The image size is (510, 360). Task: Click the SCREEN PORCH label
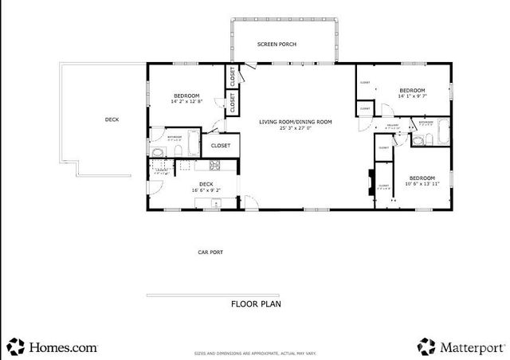click(277, 45)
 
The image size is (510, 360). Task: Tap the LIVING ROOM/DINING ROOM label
click(295, 122)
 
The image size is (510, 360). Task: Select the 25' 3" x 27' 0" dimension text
click(295, 128)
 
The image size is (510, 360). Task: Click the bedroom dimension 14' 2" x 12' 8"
click(187, 101)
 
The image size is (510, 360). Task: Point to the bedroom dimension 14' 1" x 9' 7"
click(412, 96)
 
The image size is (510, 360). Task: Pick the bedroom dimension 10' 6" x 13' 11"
click(422, 183)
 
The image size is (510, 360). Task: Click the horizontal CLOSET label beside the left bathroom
click(221, 146)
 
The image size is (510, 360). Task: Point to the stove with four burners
click(214, 166)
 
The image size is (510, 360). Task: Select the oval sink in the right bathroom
click(418, 141)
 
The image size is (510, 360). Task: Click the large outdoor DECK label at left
click(112, 120)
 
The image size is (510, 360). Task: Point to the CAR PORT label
click(210, 252)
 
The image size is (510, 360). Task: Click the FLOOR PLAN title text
click(256, 303)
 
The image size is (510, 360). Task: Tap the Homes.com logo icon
click(16, 347)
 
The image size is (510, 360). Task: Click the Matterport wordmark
click(473, 347)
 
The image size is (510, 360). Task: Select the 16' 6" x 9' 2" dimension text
click(206, 190)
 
